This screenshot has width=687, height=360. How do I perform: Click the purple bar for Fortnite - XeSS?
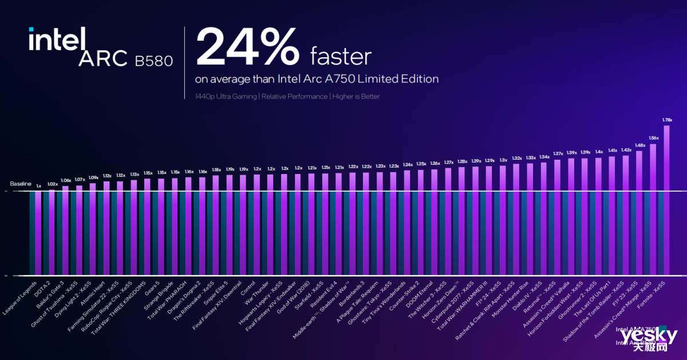point(666,200)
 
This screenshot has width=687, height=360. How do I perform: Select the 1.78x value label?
point(666,120)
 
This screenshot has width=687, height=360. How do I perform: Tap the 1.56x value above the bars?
point(653,138)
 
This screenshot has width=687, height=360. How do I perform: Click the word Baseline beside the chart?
point(21,184)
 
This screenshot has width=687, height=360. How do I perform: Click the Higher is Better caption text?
point(356,97)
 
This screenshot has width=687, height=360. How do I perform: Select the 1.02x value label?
point(52,184)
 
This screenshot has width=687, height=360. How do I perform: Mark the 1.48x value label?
point(639,145)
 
